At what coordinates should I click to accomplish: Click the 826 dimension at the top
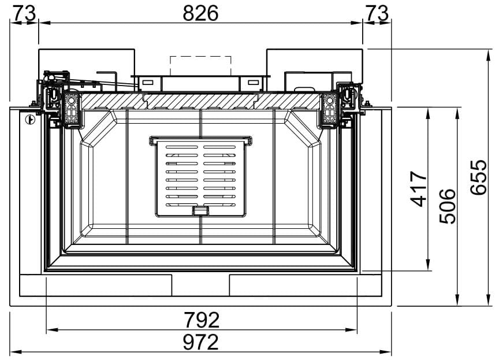pyautogui.click(x=200, y=13)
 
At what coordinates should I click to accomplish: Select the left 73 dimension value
pyautogui.click(x=24, y=13)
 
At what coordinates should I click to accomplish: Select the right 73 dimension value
pyautogui.click(x=377, y=13)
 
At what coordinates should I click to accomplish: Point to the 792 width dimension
pyautogui.click(x=202, y=320)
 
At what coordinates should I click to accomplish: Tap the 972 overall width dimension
pyautogui.click(x=201, y=342)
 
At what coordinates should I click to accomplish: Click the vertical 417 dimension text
pyautogui.click(x=418, y=189)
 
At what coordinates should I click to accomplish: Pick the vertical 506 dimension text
pyautogui.click(x=448, y=206)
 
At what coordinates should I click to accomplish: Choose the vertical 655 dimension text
pyautogui.click(x=478, y=177)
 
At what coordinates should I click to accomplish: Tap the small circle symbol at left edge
pyautogui.click(x=30, y=120)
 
